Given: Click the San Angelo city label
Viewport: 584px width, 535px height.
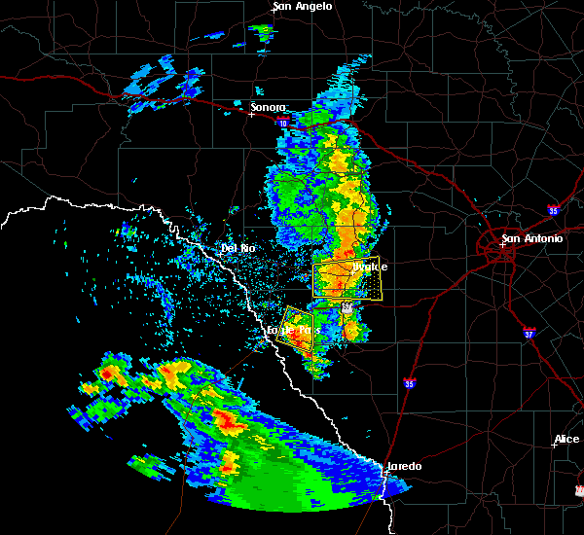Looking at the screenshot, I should coord(302,6).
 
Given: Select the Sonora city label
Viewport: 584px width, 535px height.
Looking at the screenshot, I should coord(269,107).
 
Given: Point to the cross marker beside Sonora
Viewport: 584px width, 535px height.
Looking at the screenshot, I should coord(251,114).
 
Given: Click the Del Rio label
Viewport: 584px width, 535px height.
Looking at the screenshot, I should coord(237,248).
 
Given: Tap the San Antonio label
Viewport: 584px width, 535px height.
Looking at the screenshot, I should coord(531,238).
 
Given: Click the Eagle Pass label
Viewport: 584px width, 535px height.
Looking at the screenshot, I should coord(294,331).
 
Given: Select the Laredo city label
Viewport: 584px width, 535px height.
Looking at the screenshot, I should coord(405,466).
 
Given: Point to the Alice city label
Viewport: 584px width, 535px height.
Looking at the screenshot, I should coord(566,439).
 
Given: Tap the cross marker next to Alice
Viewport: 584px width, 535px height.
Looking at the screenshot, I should coord(553,446).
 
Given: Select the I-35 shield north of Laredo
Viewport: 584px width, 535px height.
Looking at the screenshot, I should coord(410,384).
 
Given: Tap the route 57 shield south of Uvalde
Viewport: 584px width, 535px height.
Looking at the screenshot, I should coord(347,305).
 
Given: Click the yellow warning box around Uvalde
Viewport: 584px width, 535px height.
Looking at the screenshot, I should coord(347,277).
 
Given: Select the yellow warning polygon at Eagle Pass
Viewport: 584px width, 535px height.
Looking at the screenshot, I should coord(299,325).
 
